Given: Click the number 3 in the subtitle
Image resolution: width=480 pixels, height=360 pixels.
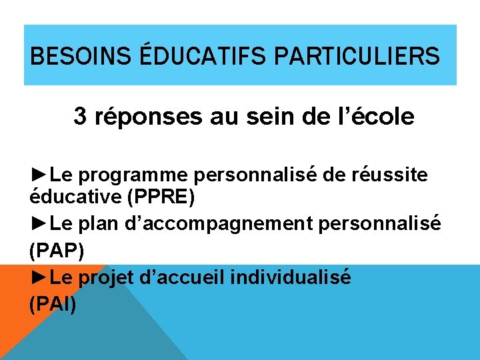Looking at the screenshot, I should [80, 117].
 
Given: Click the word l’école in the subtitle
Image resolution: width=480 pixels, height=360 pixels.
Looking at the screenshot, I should [380, 117].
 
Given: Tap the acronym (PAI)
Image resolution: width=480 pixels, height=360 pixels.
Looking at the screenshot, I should [53, 305].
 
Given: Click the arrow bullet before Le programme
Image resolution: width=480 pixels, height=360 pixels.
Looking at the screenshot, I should [40, 175].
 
